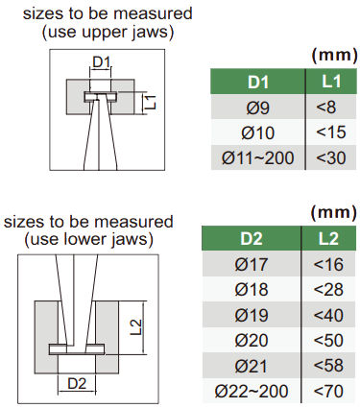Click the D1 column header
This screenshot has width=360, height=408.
pos(257,82)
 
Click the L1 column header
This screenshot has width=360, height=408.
pos(331,82)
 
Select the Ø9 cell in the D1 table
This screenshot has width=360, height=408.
pos(257,107)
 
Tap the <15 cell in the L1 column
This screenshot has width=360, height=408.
pos(331,132)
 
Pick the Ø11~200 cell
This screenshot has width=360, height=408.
pos(257,157)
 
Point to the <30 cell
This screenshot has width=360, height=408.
pos(331,157)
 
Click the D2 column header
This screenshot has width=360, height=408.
pos(252,238)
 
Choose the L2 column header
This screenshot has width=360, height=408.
pos(328,238)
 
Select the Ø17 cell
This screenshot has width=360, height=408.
pos(252,264)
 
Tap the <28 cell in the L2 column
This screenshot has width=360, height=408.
pos(328,289)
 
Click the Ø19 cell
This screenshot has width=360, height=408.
pos(252,315)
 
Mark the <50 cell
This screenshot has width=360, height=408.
pos(328,340)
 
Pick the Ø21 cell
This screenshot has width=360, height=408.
pos(252,366)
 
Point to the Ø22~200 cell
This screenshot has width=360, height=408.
pos(252,391)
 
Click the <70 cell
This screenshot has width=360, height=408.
pos(328,391)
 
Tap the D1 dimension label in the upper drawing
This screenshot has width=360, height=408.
pos(101,61)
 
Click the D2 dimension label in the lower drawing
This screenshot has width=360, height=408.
pos(77,383)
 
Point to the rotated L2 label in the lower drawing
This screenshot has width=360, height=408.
pos(136,327)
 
